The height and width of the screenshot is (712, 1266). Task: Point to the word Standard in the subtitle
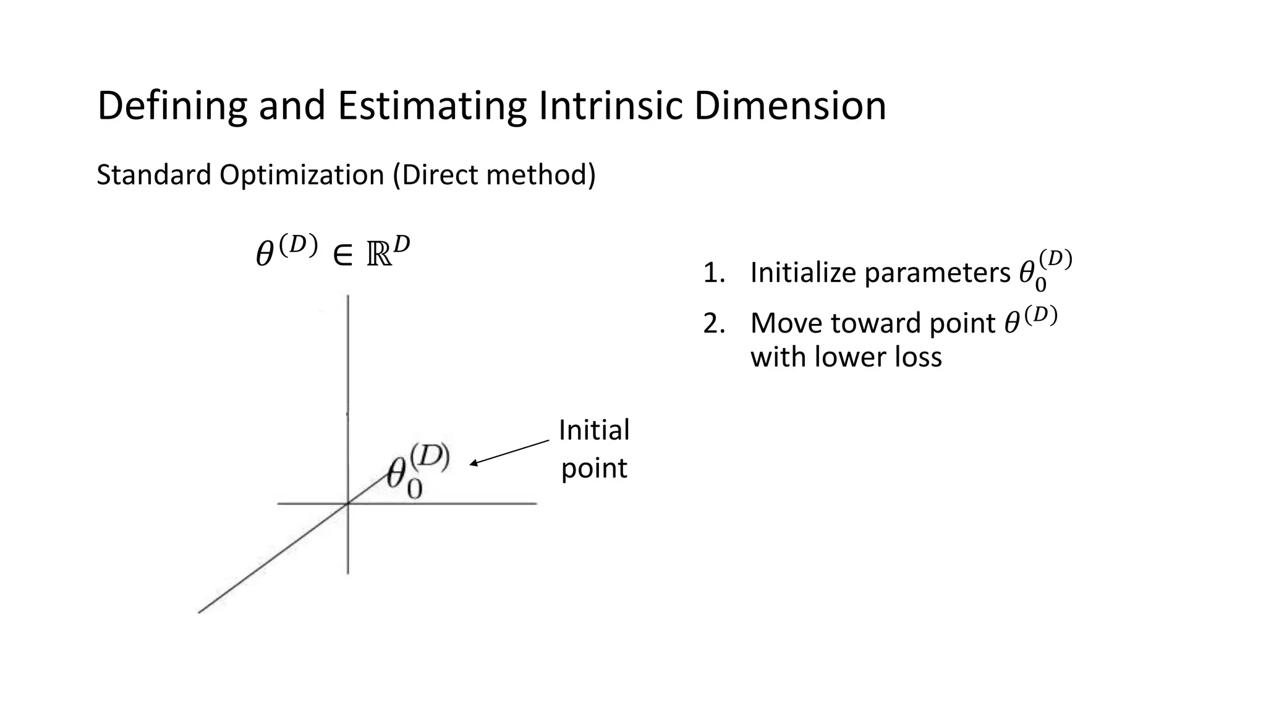pos(154,175)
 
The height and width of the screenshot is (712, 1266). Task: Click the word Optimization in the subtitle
pos(302,176)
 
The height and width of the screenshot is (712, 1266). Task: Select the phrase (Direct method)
pos(495,175)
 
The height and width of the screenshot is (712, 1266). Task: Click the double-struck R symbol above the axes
pos(380,255)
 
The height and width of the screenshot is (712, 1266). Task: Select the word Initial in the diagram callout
pos(593,430)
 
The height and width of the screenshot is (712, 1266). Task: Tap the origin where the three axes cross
pos(348,504)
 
